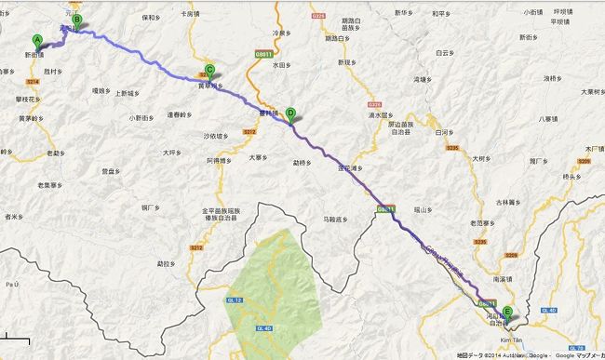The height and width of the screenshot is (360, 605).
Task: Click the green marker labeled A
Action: (38, 41)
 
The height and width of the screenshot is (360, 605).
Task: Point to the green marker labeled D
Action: (290, 114)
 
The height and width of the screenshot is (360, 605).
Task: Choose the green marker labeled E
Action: (507, 313)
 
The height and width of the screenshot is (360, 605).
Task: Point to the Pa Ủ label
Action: (11, 280)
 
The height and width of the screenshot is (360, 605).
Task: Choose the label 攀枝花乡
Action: (24, 98)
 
